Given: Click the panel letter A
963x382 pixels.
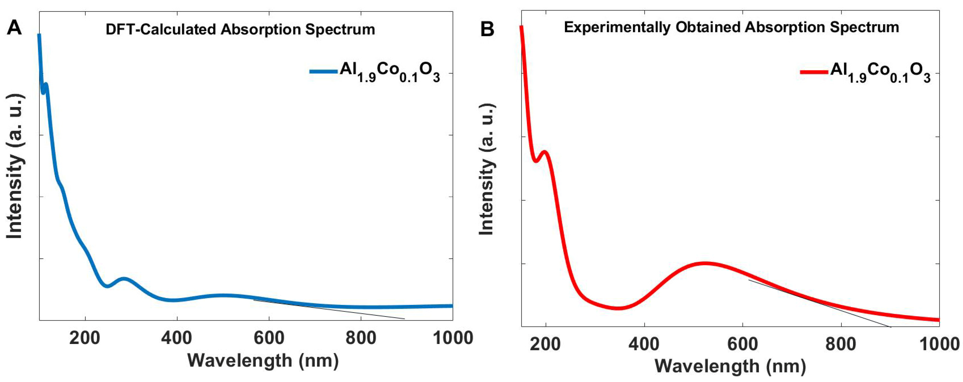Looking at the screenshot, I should pos(14,28).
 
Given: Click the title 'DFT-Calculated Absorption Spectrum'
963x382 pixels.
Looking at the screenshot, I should pos(240,30).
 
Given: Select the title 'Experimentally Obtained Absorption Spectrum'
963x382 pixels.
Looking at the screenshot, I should pos(731,27).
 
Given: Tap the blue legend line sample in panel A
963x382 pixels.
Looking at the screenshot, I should pos(323,71).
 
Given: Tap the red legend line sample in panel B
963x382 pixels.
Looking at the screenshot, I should pos(814,72).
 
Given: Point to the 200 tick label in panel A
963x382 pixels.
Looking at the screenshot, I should pos(85,338).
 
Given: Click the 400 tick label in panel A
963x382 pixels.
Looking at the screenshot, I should pos(176,338).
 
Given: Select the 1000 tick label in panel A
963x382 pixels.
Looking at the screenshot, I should pos(453,338).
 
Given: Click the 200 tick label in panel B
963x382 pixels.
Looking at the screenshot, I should pos(545,344).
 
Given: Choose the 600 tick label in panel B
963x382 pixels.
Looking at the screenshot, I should pos(743,344).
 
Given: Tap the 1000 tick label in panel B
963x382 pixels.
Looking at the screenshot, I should pos(939,344).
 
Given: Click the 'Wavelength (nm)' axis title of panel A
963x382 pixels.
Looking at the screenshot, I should pos(263,361).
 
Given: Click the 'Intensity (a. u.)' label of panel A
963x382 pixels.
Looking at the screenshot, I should pos(15,166).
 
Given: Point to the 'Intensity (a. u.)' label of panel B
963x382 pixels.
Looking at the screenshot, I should pos(487,169).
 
